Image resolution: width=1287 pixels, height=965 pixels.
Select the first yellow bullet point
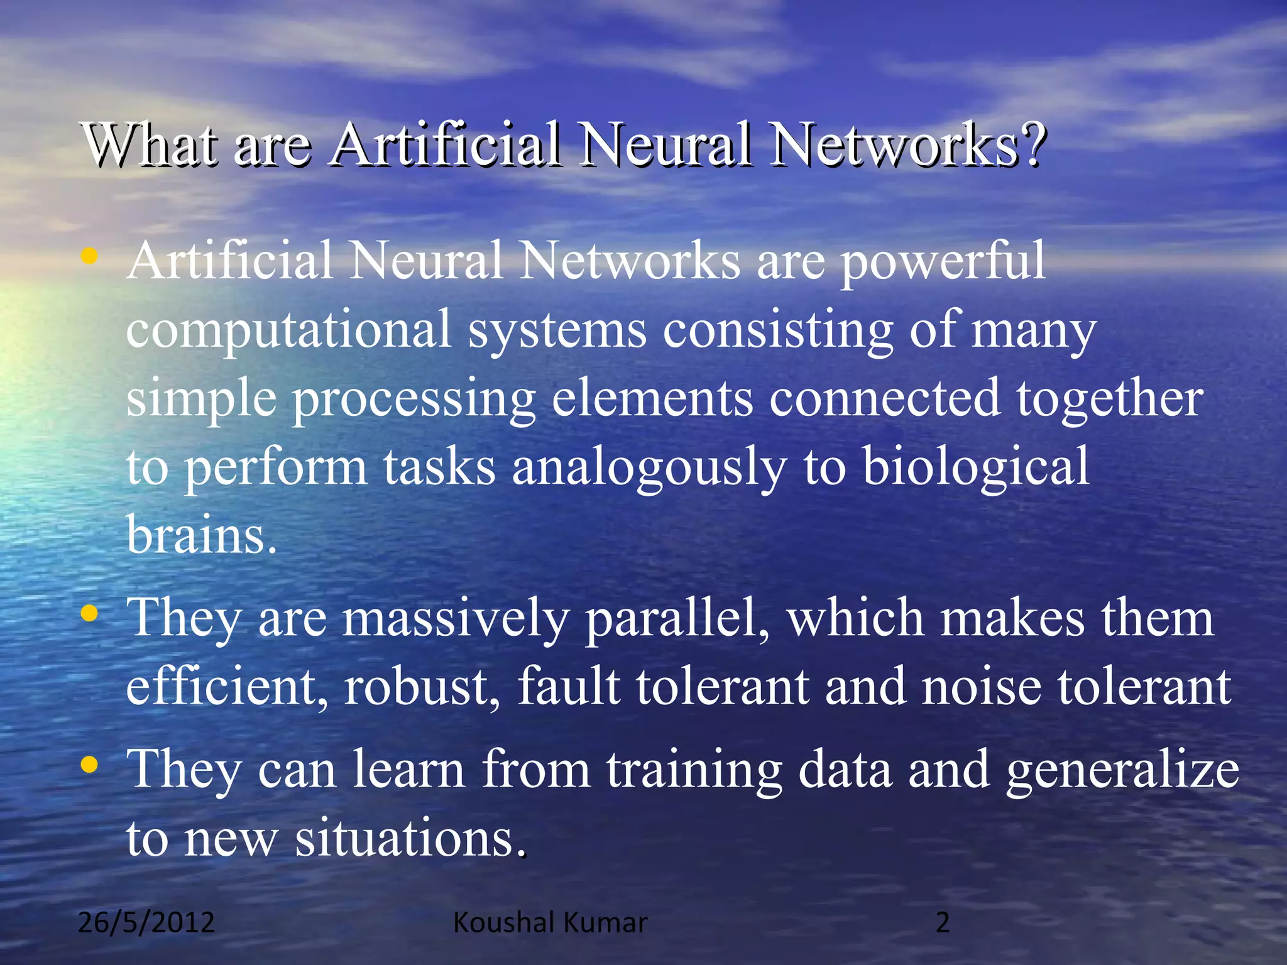tap(90, 256)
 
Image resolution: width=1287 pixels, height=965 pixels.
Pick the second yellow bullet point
tap(90, 613)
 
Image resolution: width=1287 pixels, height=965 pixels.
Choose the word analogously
tap(649, 468)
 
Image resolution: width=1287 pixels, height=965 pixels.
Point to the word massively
tap(456, 619)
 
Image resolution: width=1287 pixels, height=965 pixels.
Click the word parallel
tap(677, 619)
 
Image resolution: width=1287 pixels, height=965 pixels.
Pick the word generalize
tap(1122, 771)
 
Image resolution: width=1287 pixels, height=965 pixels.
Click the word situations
tap(410, 838)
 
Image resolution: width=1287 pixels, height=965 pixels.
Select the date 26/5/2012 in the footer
tap(146, 922)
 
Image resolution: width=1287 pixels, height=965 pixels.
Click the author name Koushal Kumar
tap(550, 922)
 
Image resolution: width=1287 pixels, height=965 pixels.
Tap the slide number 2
tap(943, 922)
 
